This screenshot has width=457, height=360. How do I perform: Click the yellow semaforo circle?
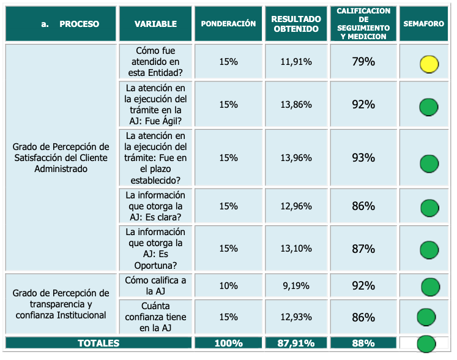pyautogui.click(x=429, y=64)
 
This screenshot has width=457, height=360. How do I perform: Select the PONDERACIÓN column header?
pyautogui.click(x=228, y=24)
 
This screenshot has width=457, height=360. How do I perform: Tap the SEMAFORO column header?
pyautogui.click(x=423, y=24)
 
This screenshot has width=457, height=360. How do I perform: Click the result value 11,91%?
pyautogui.click(x=296, y=62)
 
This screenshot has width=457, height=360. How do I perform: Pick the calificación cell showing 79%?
pyautogui.click(x=363, y=62)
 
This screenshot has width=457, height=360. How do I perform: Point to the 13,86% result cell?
pyautogui.click(x=296, y=105)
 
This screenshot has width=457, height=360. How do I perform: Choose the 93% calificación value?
pyautogui.click(x=363, y=158)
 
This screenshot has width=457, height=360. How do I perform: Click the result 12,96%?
pyautogui.click(x=296, y=206)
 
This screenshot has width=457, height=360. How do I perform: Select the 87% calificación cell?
pyautogui.click(x=363, y=249)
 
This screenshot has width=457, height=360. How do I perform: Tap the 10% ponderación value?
pyautogui.click(x=228, y=286)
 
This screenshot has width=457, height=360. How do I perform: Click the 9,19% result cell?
pyautogui.click(x=296, y=286)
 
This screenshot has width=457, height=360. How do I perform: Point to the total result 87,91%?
pyautogui.click(x=296, y=343)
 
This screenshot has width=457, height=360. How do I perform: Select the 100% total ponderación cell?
pyautogui.click(x=228, y=343)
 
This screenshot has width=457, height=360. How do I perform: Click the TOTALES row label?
pyautogui.click(x=98, y=343)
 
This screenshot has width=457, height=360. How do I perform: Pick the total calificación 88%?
pyautogui.click(x=363, y=343)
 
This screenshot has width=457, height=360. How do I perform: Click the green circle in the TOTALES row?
pyautogui.click(x=426, y=343)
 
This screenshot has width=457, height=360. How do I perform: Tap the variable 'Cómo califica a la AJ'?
pyautogui.click(x=155, y=286)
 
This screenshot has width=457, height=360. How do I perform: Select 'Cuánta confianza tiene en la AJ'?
pyautogui.click(x=155, y=317)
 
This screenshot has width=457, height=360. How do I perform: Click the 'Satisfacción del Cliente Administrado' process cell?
pyautogui.click(x=61, y=158)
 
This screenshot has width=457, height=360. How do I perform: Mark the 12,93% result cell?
pyautogui.click(x=296, y=317)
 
